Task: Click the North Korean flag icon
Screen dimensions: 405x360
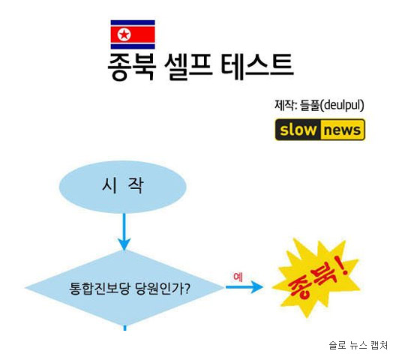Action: point(133,34)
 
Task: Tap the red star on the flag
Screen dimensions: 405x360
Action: point(124,34)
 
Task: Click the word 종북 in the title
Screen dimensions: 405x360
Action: point(131,67)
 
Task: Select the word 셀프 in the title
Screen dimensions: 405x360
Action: point(188,66)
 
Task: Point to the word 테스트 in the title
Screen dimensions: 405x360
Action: point(257,66)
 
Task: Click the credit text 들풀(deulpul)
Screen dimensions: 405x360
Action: point(331,105)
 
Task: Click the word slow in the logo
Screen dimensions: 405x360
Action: point(298,130)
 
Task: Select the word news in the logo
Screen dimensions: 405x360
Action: point(342,130)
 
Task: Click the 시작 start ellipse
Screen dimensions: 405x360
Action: point(123,187)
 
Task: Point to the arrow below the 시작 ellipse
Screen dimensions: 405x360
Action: point(124,232)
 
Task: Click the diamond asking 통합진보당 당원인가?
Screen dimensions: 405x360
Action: point(124,288)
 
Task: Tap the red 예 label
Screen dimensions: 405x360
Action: point(238,277)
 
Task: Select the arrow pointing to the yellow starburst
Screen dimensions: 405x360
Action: point(244,287)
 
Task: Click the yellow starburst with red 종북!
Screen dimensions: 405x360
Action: point(316,278)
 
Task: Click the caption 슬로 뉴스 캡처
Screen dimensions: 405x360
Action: point(358,345)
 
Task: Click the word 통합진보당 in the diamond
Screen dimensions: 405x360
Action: point(99,289)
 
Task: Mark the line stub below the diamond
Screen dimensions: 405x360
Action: point(125,328)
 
